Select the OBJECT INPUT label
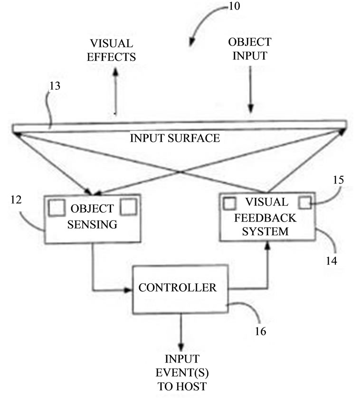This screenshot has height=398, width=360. pyautogui.click(x=247, y=48)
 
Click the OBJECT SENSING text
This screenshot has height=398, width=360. pyautogui.click(x=93, y=216)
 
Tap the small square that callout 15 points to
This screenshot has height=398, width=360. pyautogui.click(x=305, y=203)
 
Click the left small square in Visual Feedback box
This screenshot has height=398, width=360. pyautogui.click(x=230, y=203)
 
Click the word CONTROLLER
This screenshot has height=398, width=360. pyautogui.click(x=177, y=287)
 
